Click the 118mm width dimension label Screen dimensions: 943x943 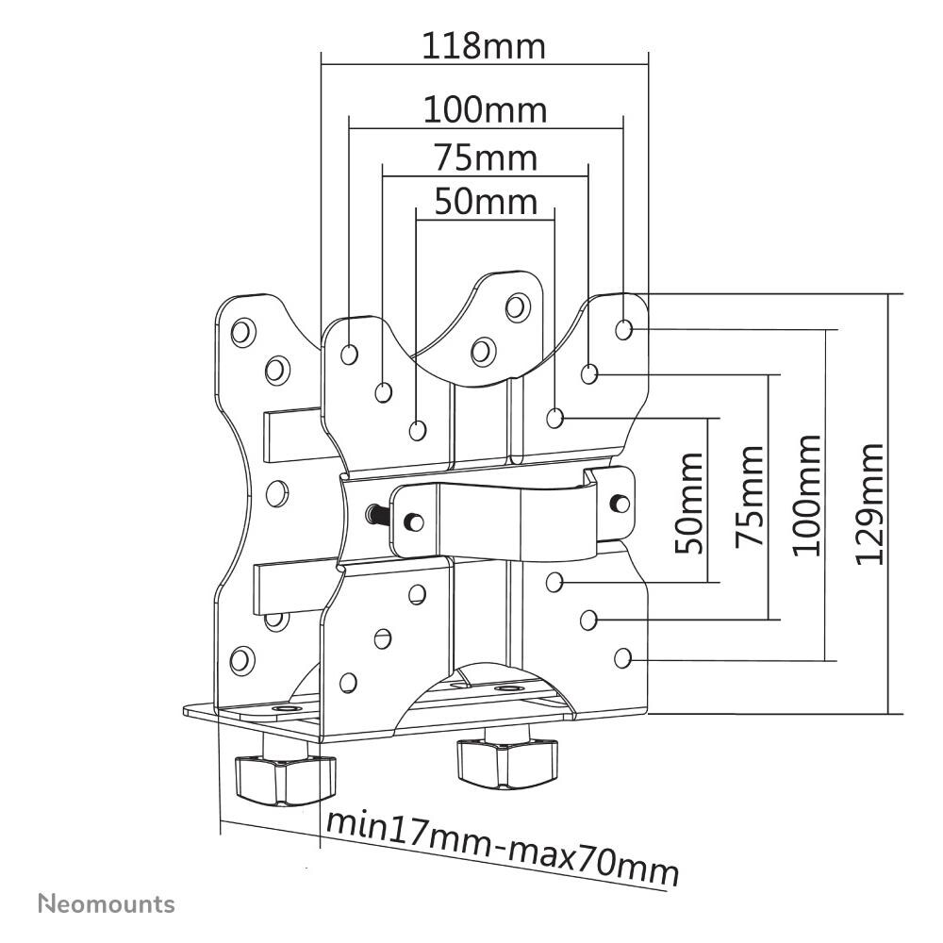click(484, 45)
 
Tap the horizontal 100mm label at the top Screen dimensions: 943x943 click(484, 110)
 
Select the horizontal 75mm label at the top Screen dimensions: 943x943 click(485, 157)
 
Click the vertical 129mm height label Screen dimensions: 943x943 click(869, 504)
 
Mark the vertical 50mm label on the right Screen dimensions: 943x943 click(690, 504)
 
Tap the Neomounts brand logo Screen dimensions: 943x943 click(106, 904)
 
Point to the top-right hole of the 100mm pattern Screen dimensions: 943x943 click(623, 329)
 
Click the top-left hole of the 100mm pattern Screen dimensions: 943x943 click(350, 354)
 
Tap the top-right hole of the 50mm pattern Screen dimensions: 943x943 click(555, 416)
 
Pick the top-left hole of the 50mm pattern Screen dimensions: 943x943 click(418, 430)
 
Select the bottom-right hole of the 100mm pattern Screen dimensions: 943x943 click(622, 657)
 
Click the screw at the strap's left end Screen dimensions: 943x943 click(412, 520)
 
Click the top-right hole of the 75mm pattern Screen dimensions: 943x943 click(589, 374)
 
